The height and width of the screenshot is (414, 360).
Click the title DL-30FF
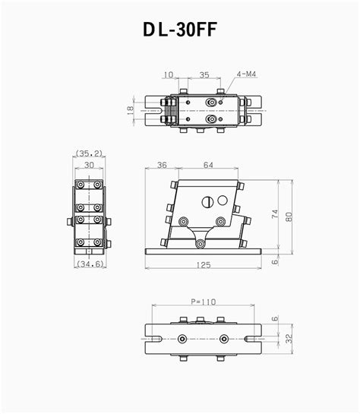click(180, 30)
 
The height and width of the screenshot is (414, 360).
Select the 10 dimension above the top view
click(169, 74)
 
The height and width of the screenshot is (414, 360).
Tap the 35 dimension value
click(204, 74)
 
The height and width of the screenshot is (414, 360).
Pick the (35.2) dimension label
click(90, 153)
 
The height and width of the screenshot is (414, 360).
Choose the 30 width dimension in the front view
click(90, 164)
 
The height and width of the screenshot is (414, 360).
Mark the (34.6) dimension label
click(90, 264)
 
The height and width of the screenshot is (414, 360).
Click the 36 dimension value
click(162, 165)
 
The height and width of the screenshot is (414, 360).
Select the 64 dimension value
click(207, 165)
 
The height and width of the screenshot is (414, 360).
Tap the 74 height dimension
click(276, 214)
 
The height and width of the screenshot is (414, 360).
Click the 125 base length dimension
click(203, 264)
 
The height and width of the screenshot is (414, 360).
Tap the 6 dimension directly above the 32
click(275, 319)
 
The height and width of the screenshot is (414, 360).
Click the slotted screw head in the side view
click(208, 202)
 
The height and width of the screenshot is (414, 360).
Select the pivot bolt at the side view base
click(200, 242)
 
